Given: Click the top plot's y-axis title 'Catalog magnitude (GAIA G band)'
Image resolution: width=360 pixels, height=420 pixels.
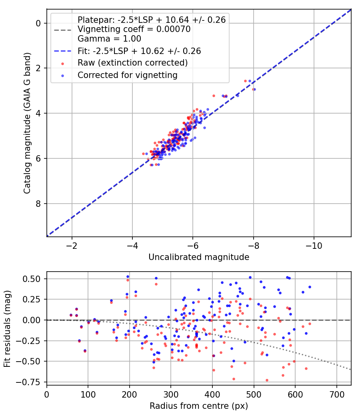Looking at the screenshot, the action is click(x=27, y=123).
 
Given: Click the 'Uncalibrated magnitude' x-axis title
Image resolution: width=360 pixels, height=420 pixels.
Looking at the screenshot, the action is click(x=199, y=257).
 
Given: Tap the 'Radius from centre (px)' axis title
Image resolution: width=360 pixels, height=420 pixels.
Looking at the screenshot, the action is click(x=199, y=406).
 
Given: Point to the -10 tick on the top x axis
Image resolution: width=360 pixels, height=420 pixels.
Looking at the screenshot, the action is click(x=314, y=246).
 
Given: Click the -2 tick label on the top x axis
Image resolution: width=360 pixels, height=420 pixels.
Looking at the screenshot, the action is click(x=72, y=246).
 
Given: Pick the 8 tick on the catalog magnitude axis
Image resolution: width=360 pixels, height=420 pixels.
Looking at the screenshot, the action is click(x=38, y=204).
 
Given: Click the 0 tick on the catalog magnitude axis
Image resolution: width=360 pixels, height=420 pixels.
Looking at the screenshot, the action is click(x=38, y=23).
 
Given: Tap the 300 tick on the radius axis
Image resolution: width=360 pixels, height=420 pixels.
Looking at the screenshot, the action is click(x=171, y=394).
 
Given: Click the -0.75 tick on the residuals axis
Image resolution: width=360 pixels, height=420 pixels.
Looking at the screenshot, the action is click(x=28, y=382).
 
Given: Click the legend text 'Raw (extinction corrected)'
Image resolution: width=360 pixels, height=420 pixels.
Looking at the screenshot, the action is click(x=132, y=63).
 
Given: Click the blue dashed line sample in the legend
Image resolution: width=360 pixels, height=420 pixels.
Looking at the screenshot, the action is click(x=63, y=51).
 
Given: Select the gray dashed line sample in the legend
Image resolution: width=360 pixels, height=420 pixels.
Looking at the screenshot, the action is click(x=63, y=30).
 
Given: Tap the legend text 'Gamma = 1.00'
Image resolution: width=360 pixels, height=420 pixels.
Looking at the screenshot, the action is click(x=109, y=39).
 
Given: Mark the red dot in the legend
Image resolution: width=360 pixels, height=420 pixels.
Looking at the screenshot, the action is click(x=63, y=64).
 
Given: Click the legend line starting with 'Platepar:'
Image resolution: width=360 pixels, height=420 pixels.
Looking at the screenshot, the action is click(x=152, y=20).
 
